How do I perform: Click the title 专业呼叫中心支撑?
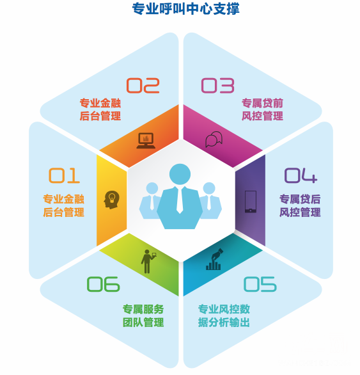pos(185,9)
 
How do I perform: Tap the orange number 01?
pos(64,175)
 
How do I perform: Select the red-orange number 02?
pos(143,85)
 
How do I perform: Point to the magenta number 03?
pos(217,85)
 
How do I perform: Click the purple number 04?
pos(301,175)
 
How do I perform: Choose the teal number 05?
pos(260,284)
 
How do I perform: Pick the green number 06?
pos(103,284)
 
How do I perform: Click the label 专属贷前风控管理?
pos(262,109)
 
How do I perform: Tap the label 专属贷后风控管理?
pos(300,205)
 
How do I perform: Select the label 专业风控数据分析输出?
pos(224,315)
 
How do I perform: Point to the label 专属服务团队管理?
pos(143,315)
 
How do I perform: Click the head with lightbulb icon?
pos(111,200)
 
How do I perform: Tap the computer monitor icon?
pos(146,141)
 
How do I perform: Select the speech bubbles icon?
pos(214,139)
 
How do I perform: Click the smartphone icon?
pos(251,202)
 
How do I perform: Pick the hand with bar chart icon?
pos(214,259)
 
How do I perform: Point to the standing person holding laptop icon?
pos(148,261)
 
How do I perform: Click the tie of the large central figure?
pos(180,200)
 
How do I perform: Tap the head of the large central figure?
pos(180,174)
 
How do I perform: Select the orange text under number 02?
pos(100,109)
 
